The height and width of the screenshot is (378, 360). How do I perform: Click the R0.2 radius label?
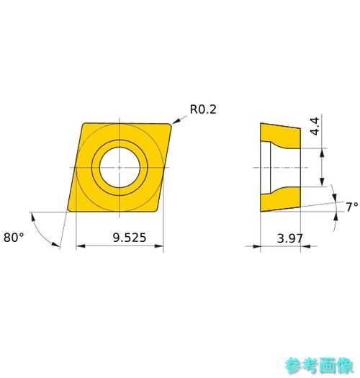click(203, 109)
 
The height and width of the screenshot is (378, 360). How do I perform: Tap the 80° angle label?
click(14, 238)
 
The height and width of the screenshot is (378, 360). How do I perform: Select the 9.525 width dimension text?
click(130, 238)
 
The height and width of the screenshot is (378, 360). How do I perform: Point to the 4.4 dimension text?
click(315, 126)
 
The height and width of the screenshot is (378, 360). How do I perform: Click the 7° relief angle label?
click(352, 207)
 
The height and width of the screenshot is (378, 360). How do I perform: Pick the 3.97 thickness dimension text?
click(290, 238)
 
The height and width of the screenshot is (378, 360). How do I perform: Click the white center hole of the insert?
click(120, 167)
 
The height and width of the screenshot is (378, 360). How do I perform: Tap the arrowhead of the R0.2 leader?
click(175, 121)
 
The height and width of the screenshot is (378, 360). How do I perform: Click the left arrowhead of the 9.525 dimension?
click(81, 246)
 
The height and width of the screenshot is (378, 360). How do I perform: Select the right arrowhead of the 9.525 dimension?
click(159, 246)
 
